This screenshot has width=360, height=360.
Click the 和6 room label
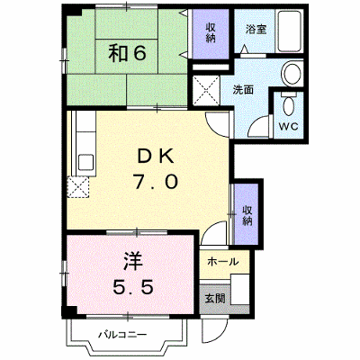pos(128,53)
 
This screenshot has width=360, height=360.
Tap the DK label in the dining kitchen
pos(156,157)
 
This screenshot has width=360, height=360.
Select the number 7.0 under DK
pos(156,182)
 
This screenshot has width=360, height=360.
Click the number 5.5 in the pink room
pos(133,286)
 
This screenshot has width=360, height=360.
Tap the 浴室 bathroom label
pos(256,29)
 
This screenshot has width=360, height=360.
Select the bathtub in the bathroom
pos(289,31)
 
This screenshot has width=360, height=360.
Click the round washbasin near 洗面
pos(292,74)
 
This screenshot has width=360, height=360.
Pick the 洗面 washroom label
pos(243,90)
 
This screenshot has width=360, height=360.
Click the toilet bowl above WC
pos(289,104)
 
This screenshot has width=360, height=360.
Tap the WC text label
pos(289,126)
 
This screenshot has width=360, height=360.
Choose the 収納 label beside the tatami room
pos(211,32)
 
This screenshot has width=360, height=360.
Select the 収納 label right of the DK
pos(247,215)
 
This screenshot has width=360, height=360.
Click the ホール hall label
pos(223,262)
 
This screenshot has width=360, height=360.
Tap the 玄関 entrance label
pos(215,298)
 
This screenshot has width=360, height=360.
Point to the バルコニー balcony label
pos(123,334)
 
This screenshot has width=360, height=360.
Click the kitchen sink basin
pos(86,162)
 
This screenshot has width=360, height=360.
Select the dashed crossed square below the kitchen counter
pos(78,187)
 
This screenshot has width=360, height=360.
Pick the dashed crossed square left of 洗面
pos(206,90)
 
